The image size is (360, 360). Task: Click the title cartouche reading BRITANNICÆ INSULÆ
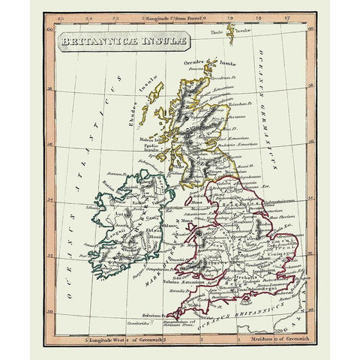(x=119, y=45)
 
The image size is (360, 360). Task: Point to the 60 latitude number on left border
(x=49, y=31)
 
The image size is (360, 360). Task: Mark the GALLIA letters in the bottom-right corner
(x=297, y=315)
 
